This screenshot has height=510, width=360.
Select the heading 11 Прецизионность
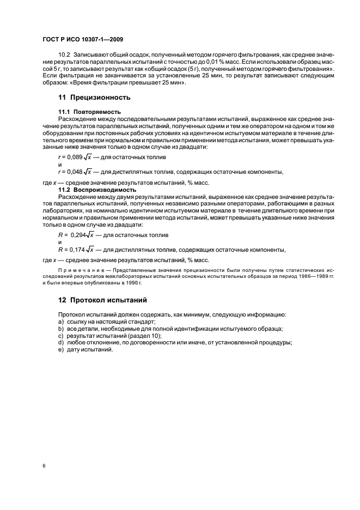(x=94, y=98)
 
